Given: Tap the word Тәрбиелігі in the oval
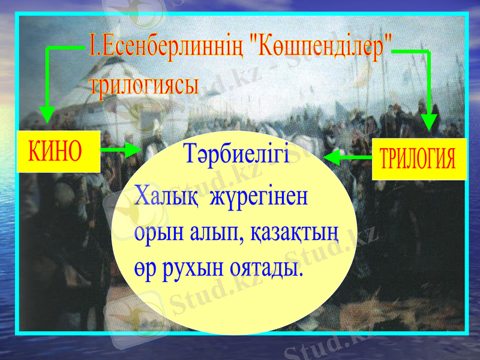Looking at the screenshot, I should click(238, 154).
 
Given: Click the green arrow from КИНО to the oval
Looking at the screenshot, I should click(121, 150).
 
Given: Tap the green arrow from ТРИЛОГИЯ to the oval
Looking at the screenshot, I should click(347, 157).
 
